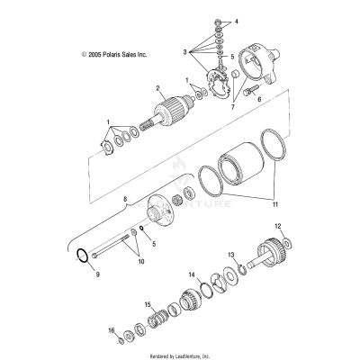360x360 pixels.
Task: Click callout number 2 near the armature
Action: [x=157, y=88]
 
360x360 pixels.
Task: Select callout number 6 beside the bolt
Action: [x=258, y=100]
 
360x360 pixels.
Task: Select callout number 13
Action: [x=232, y=255]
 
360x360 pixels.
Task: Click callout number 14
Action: [x=192, y=274]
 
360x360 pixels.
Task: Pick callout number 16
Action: [x=112, y=331]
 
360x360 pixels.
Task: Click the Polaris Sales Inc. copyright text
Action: [x=113, y=54]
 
